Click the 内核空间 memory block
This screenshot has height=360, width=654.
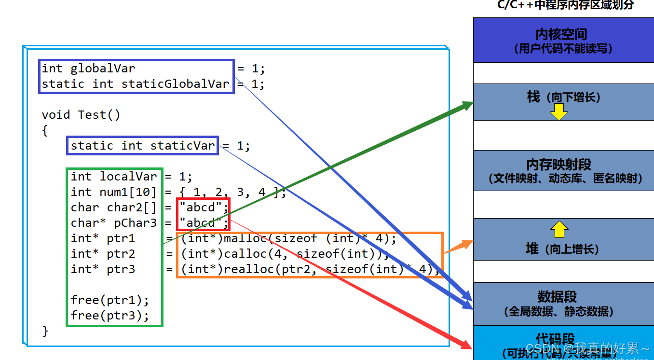tap(563, 40)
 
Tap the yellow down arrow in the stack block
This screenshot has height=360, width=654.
tap(559, 112)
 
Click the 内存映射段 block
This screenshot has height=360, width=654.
tap(563, 170)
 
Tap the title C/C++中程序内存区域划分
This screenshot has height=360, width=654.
tap(565, 5)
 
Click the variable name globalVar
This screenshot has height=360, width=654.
tap(103, 69)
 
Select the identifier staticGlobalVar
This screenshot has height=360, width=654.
tap(175, 84)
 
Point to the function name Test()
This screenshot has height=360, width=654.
tap(99, 115)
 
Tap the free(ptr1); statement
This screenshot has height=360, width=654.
tap(110, 300)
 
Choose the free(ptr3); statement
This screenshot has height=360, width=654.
tap(110, 316)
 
